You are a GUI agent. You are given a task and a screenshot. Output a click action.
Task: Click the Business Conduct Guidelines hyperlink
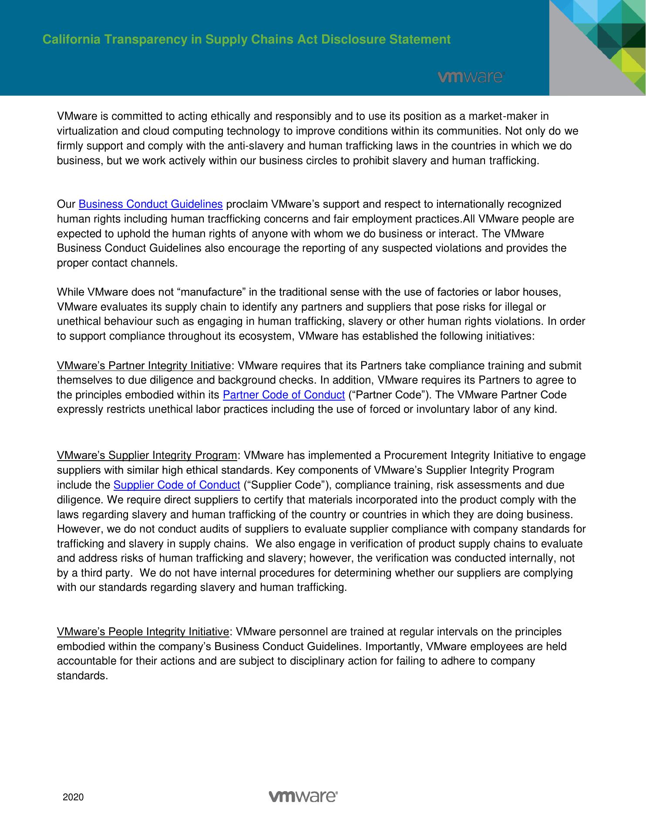point(151,204)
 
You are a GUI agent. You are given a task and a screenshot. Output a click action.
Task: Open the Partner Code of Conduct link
point(284,395)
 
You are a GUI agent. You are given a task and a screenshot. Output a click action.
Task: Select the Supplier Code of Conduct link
point(177,485)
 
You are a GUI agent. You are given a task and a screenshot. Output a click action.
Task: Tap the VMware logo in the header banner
point(471,77)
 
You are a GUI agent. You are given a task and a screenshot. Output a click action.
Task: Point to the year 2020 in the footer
point(73,797)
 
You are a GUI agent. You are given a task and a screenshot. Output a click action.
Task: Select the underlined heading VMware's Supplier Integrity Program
point(147,456)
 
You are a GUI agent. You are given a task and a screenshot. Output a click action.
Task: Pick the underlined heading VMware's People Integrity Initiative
point(143,632)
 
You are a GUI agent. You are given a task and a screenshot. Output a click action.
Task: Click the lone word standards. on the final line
point(82,676)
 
